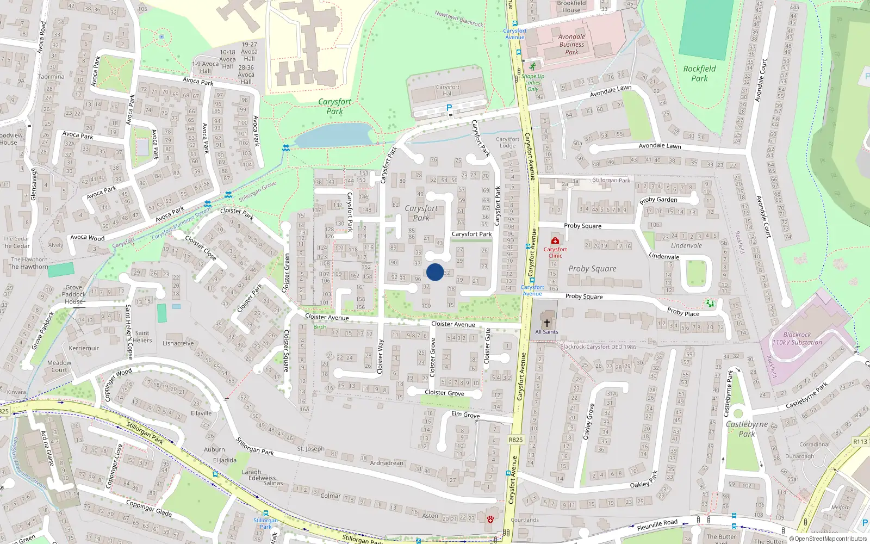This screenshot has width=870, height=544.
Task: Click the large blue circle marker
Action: pyautogui.click(x=435, y=272)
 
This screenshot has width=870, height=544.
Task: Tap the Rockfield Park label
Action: pyautogui.click(x=699, y=73)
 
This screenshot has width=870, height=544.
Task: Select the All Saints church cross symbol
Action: pyautogui.click(x=547, y=323)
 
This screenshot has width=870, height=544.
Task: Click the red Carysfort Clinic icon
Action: pyautogui.click(x=555, y=240)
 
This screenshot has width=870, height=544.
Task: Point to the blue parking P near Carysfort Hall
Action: pyautogui.click(x=449, y=108)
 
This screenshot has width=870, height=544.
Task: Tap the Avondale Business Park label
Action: pyautogui.click(x=571, y=45)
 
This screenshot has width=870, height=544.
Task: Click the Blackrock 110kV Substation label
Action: pyautogui.click(x=797, y=339)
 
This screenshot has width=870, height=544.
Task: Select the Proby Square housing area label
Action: pyautogui.click(x=592, y=269)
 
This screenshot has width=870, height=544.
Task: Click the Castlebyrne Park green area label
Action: pyautogui.click(x=747, y=429)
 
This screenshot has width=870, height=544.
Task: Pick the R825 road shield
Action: pyautogui.click(x=515, y=440)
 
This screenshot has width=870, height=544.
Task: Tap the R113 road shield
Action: pyautogui.click(x=860, y=442)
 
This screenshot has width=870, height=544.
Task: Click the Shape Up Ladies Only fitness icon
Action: pyautogui.click(x=532, y=66)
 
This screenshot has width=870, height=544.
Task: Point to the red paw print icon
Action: pyautogui.click(x=491, y=520)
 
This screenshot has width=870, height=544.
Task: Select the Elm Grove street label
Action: pyautogui.click(x=465, y=415)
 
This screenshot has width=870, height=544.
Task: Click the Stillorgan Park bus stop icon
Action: pyautogui.click(x=265, y=513)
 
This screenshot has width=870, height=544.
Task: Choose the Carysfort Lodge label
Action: pyautogui.click(x=507, y=143)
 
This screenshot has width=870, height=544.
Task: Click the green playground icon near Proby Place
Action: pyautogui.click(x=710, y=303)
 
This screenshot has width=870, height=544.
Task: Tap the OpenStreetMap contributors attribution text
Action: pyautogui.click(x=828, y=539)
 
